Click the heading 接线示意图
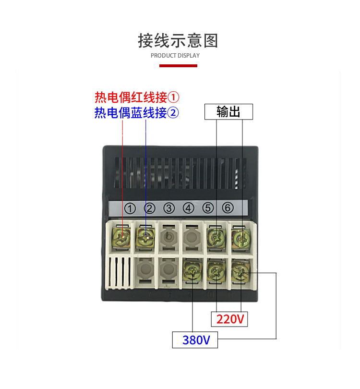click(x=178, y=41)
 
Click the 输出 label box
click(x=228, y=112)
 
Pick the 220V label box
click(x=230, y=319)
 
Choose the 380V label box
click(x=195, y=340)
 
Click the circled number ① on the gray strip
click(x=131, y=208)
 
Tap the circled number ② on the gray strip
click(x=150, y=208)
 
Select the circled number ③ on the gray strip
click(x=168, y=208)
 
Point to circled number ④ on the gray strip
click(x=188, y=208)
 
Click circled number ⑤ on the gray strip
click(x=207, y=208)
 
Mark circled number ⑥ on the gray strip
click(x=228, y=208)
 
